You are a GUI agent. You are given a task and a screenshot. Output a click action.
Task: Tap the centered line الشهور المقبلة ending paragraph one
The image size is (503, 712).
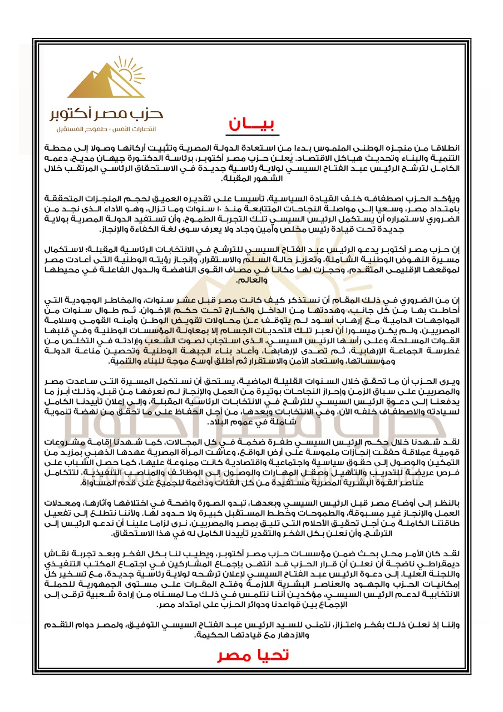[253, 179]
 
